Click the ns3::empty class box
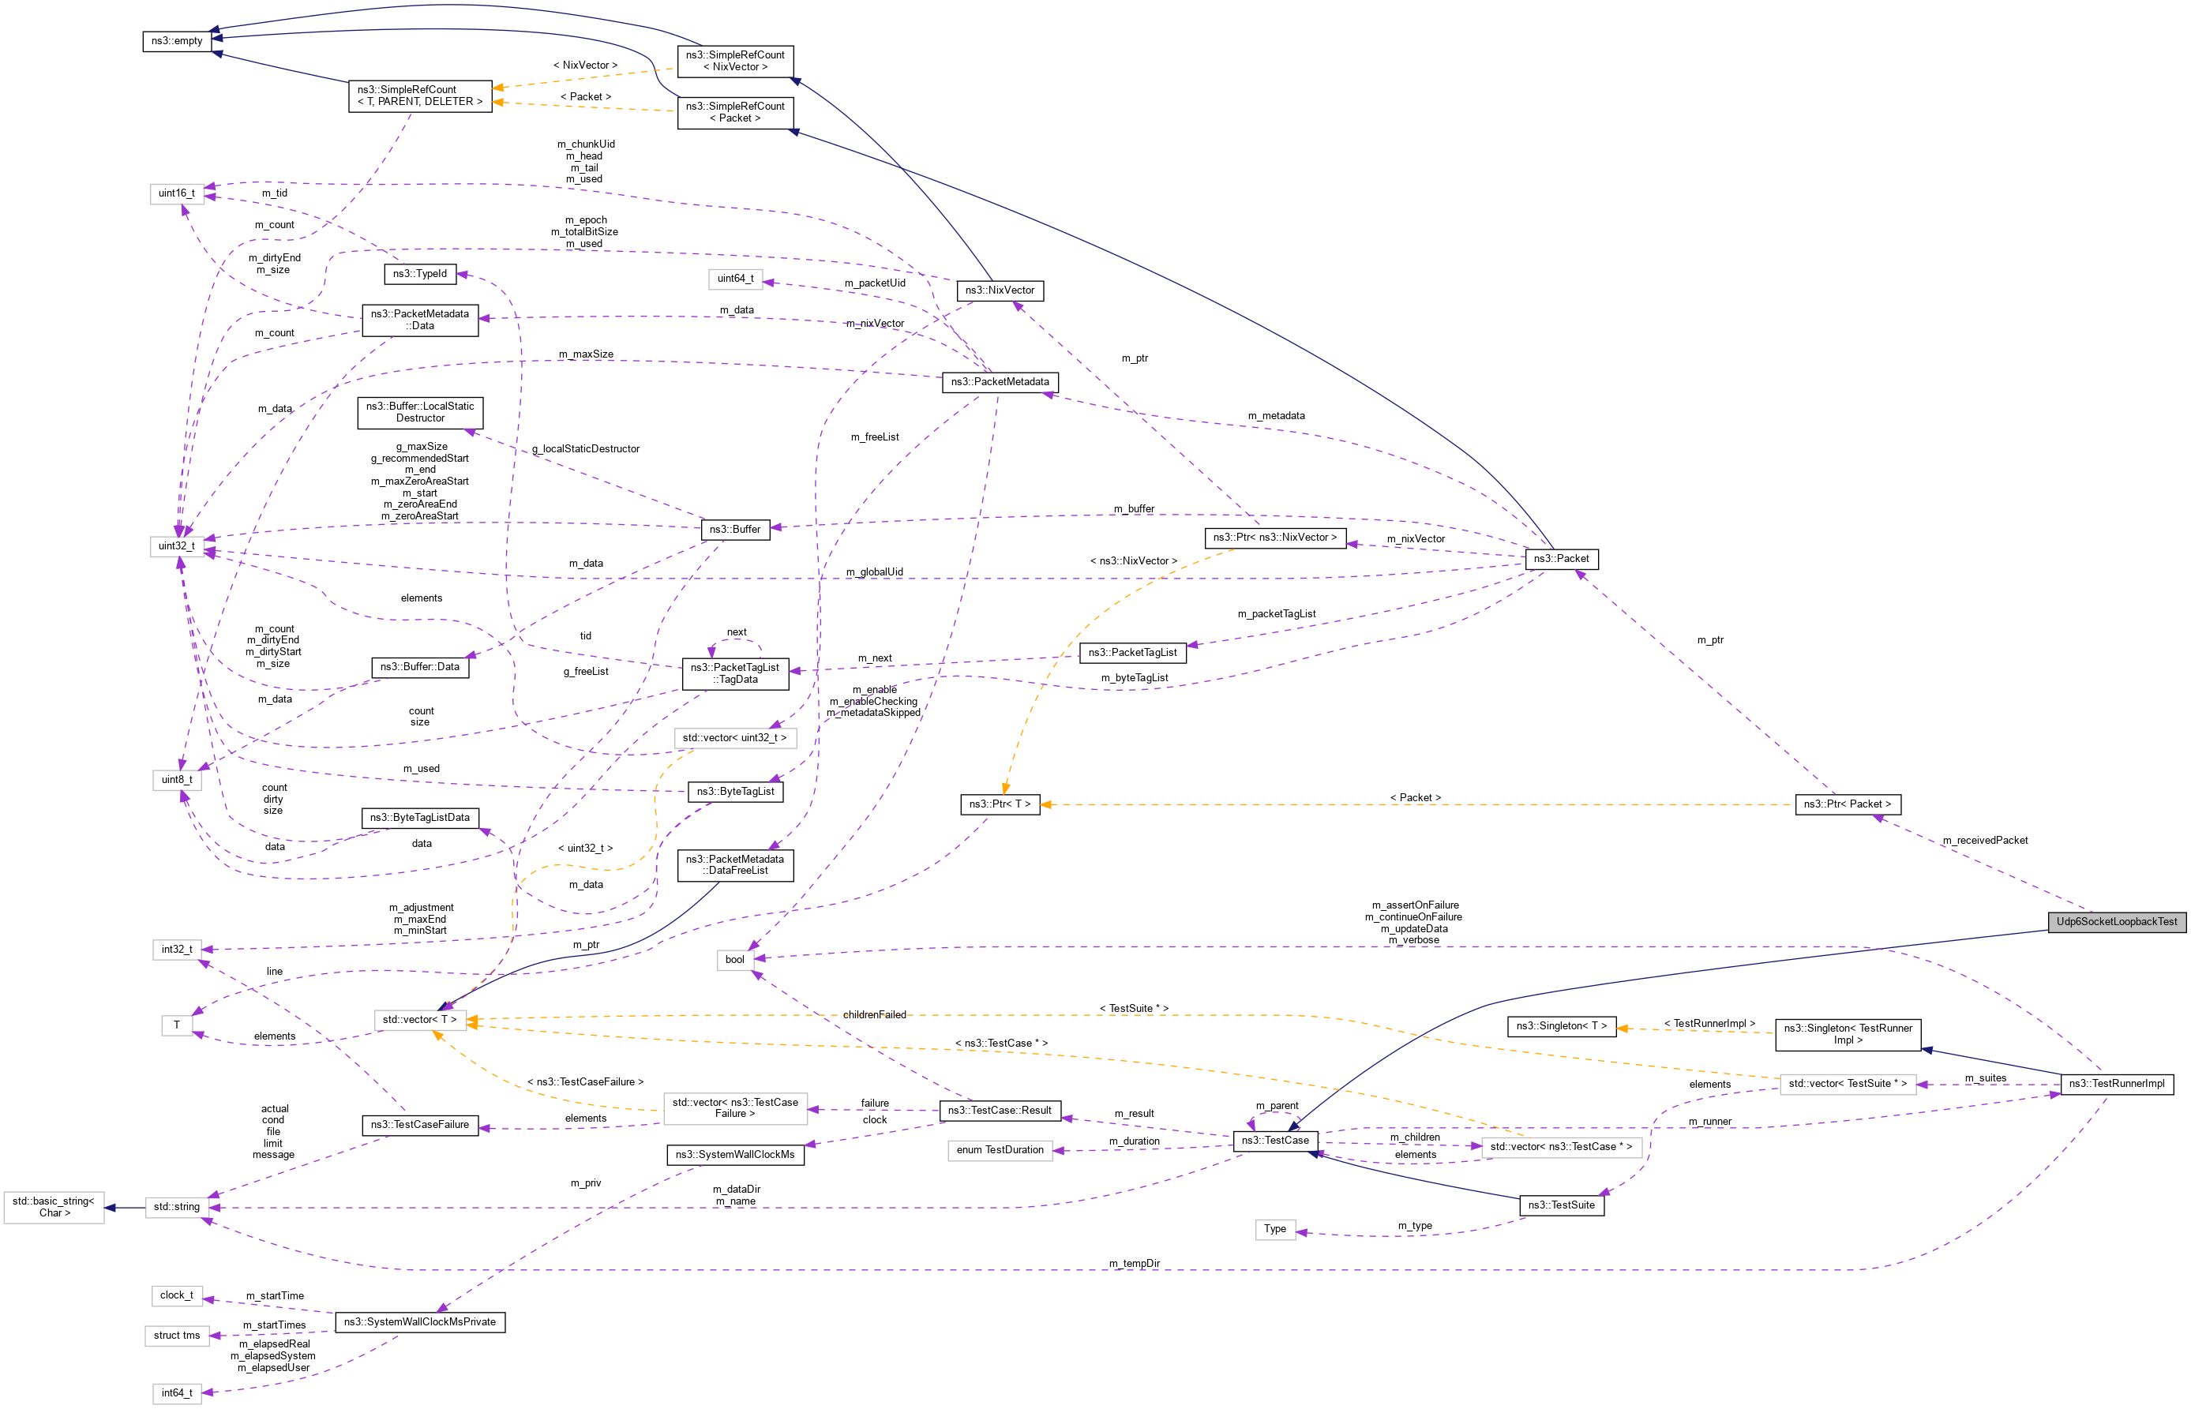click(177, 41)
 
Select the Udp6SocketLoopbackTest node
click(2116, 921)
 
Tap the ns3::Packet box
click(1560, 558)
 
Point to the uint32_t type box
click(177, 546)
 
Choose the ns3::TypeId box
click(420, 274)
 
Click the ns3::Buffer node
click(735, 529)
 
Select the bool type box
click(735, 960)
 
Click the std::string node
click(177, 1207)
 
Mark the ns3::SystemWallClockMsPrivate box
click(420, 1322)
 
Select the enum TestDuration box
click(1000, 1150)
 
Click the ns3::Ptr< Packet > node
click(1847, 804)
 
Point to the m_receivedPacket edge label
click(1984, 840)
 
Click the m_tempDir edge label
click(1134, 1264)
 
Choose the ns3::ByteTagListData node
click(420, 817)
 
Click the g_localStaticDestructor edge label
click(586, 448)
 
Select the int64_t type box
click(177, 1392)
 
